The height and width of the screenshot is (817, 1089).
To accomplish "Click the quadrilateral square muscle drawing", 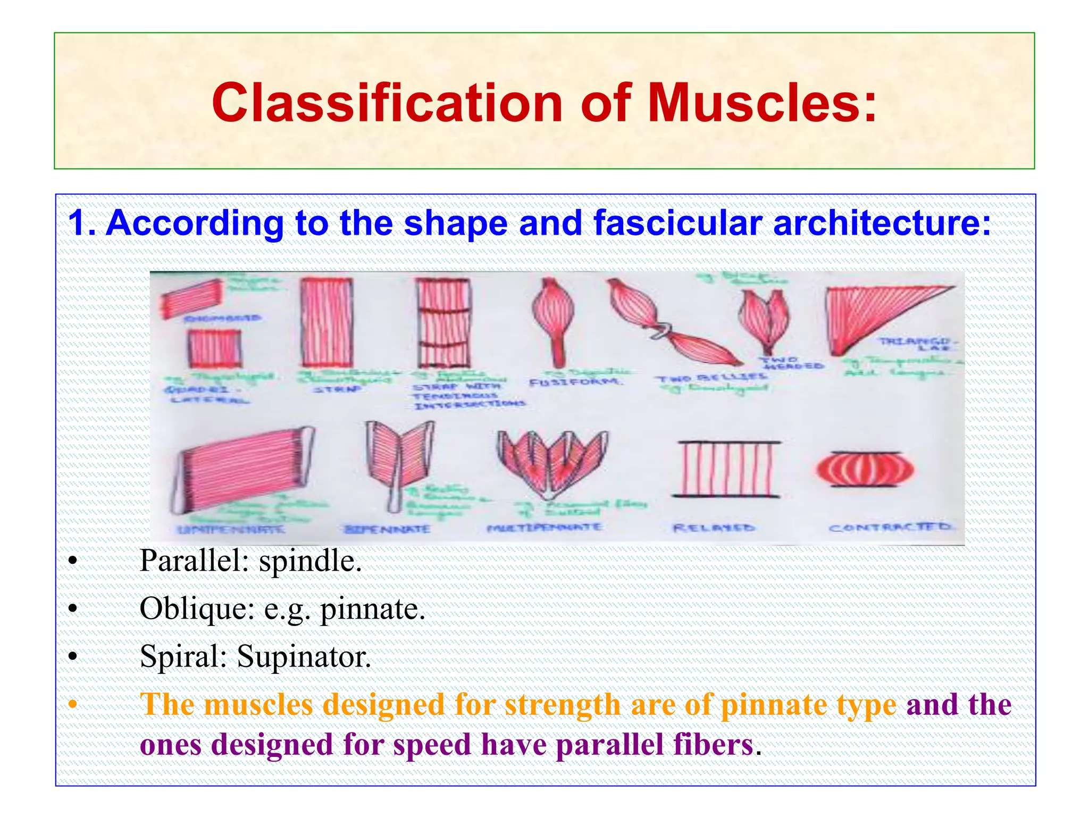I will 214,349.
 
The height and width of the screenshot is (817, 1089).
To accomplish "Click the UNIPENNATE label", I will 231,530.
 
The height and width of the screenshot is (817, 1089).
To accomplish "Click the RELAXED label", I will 714,528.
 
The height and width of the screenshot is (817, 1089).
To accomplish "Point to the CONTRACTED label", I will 890,528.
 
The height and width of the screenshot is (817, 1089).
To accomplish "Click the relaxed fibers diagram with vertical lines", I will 726,469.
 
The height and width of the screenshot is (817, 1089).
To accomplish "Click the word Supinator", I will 304,657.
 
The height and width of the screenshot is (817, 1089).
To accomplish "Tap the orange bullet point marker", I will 73,706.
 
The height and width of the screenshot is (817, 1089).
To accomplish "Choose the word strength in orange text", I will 563,705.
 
